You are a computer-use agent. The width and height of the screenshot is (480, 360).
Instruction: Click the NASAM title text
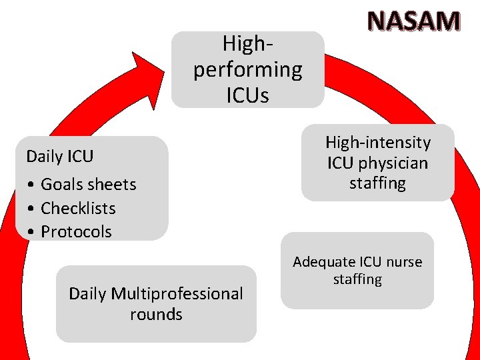(413, 21)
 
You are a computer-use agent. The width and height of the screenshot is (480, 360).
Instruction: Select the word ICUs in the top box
(247, 95)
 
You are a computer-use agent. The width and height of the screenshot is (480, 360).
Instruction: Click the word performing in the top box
(247, 70)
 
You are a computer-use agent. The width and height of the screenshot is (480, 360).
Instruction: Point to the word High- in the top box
(247, 44)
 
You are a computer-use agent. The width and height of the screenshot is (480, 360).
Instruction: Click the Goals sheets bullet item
(88, 185)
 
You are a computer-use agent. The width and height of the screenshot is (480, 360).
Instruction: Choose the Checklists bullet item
(78, 208)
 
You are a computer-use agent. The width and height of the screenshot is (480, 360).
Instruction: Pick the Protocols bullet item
(76, 231)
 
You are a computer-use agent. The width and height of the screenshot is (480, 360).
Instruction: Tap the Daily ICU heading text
(60, 157)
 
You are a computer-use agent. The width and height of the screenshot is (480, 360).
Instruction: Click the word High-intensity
(378, 142)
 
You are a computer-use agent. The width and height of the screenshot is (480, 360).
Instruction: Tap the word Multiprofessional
(177, 293)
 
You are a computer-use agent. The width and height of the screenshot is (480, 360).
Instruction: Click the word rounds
(156, 314)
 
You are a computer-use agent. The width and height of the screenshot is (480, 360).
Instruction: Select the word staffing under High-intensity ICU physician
(377, 183)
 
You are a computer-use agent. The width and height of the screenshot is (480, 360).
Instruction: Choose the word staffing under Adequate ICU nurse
(357, 279)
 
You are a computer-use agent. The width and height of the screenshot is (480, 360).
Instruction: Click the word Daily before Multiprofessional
(88, 293)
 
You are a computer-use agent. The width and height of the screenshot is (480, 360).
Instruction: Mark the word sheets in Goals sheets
(112, 185)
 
